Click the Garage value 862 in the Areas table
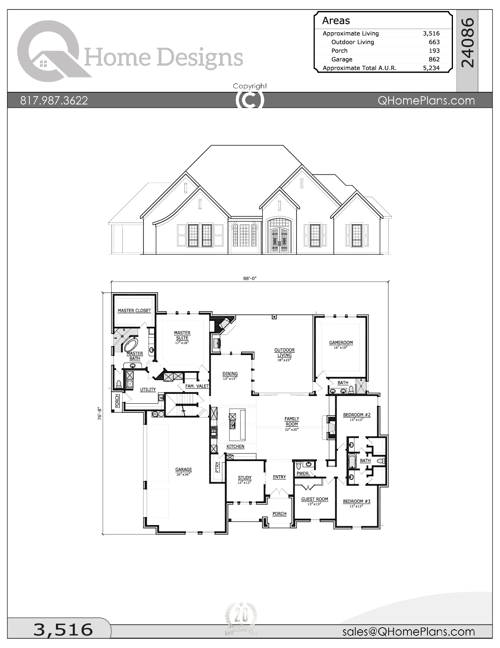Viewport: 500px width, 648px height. [434, 59]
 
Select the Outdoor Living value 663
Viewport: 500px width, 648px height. [434, 42]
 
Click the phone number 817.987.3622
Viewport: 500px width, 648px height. [54, 101]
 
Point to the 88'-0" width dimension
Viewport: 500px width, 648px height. [250, 278]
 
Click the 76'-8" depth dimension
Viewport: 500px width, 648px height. [100, 414]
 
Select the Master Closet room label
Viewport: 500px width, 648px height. [134, 311]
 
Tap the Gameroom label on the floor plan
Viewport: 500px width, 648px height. [341, 342]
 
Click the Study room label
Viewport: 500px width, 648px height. [245, 478]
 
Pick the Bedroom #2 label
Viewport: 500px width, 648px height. [356, 415]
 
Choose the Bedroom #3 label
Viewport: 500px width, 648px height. [356, 502]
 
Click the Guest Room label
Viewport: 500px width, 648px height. [315, 500]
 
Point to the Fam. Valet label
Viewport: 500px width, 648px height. [197, 386]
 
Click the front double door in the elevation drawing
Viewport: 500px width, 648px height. [279, 240]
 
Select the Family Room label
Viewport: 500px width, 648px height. [292, 421]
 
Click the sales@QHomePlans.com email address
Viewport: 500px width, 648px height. [408, 632]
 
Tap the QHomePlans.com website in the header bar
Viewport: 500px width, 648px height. [426, 101]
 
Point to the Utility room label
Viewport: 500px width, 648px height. [148, 390]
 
